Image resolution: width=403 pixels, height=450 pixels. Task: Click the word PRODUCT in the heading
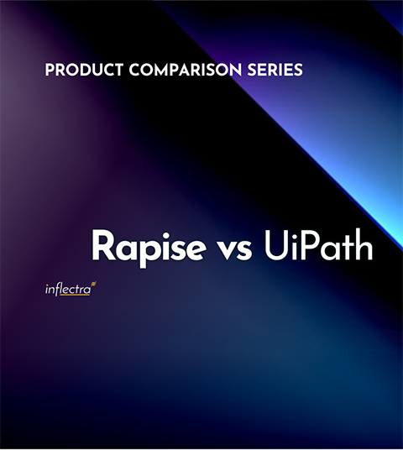[79, 71]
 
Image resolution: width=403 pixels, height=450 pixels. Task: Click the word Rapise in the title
[139, 247]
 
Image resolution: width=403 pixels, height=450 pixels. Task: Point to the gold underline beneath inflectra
[76, 296]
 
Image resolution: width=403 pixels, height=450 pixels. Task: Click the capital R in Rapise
[103, 246]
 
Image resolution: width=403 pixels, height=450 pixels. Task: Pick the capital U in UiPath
[274, 246]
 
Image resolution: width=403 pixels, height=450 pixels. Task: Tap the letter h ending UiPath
[363, 246]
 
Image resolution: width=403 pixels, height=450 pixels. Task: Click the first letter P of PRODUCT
[50, 71]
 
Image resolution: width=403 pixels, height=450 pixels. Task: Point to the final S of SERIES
[297, 71]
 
